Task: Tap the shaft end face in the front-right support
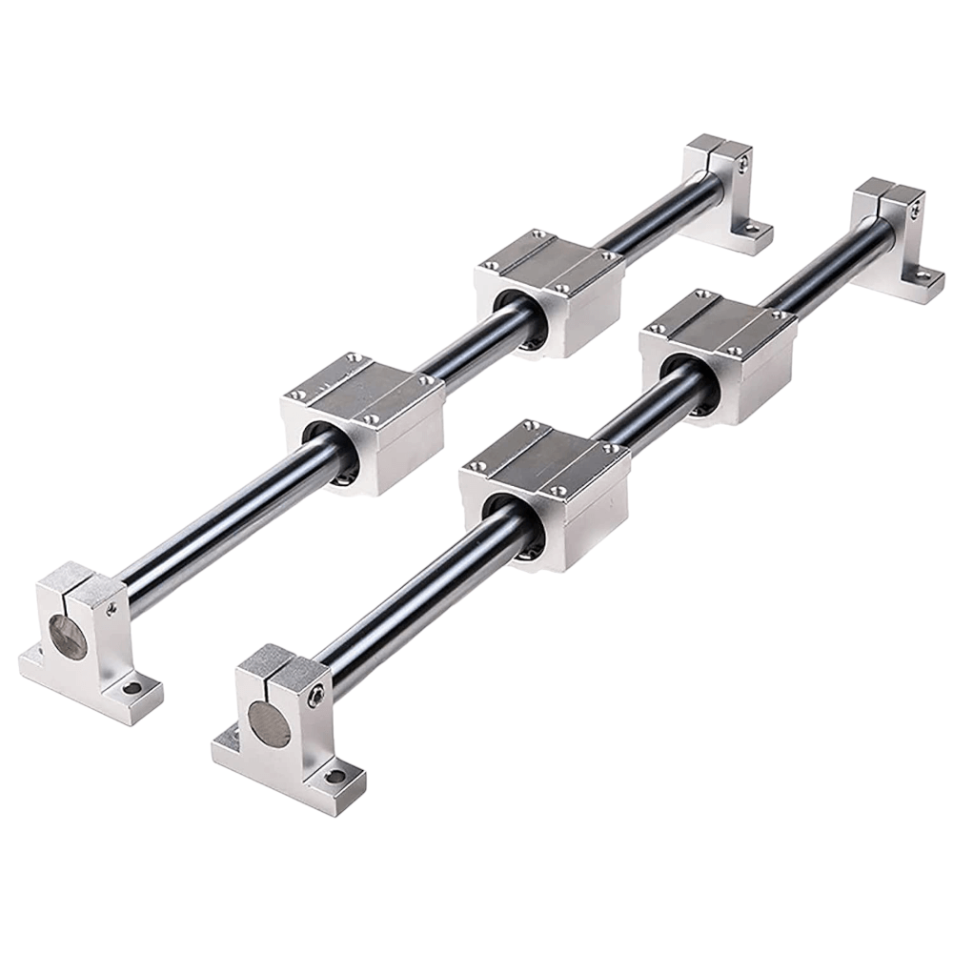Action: tap(270, 723)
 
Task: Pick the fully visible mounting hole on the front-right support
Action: tap(335, 777)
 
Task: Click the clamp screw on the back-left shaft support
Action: tap(742, 166)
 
